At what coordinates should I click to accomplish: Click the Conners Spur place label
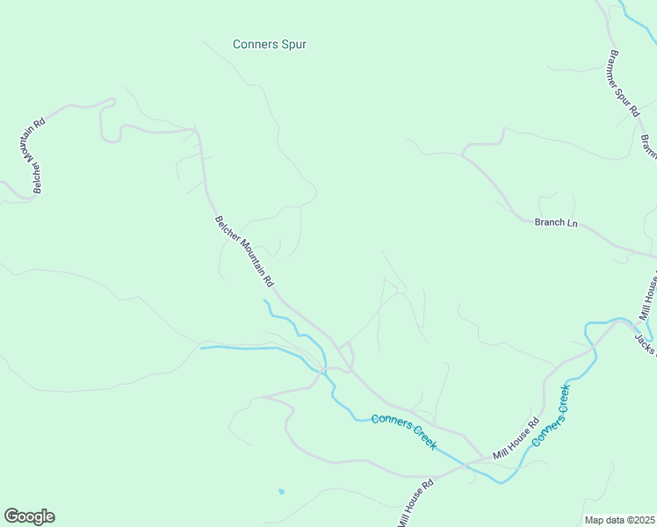click(270, 44)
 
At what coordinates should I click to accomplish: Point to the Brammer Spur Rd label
click(622, 83)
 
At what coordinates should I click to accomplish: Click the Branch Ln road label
click(556, 222)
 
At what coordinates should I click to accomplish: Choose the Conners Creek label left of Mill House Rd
click(404, 431)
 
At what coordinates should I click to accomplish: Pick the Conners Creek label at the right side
click(552, 414)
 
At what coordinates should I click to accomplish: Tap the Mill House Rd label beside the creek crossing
click(515, 438)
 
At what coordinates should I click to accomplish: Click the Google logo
click(29, 516)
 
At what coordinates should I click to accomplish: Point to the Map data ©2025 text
click(619, 520)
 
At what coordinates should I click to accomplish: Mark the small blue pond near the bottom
click(280, 491)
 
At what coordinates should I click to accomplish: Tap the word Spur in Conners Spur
click(292, 44)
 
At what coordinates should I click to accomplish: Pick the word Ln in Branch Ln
click(572, 223)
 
